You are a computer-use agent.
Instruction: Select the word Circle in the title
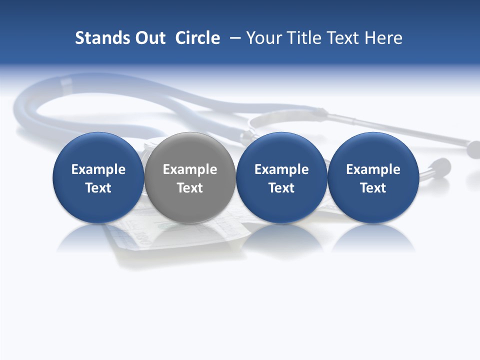pos(197,38)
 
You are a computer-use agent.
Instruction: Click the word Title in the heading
pos(304,38)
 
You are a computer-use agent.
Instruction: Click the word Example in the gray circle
pos(190,169)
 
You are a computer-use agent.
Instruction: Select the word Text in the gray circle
pos(190,188)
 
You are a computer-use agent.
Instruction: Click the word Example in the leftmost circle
pos(98,169)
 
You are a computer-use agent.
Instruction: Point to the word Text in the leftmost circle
pos(98,188)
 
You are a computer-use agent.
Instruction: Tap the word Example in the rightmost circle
pos(373,169)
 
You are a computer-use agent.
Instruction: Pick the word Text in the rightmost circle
pos(373,188)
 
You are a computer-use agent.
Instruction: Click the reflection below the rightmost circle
pos(373,238)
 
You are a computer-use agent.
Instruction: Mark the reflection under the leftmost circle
pos(98,238)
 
